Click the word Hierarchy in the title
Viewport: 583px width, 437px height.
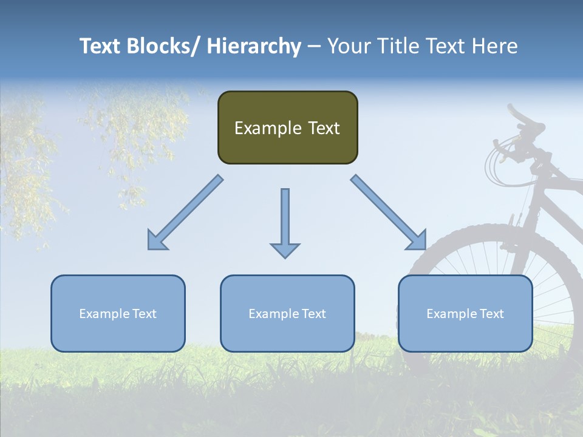point(254,46)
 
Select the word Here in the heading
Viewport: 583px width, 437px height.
point(494,46)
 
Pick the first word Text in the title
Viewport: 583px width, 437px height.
point(100,46)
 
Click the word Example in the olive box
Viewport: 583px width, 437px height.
point(268,128)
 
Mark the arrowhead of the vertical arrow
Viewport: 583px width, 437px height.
point(285,250)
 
